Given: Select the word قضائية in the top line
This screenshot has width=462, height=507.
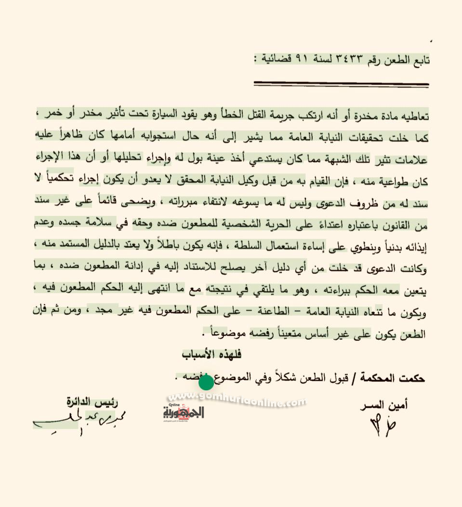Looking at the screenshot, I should [275, 60].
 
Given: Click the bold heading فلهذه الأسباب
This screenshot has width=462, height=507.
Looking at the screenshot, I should [211, 354].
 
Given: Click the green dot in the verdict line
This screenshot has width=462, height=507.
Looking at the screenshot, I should [206, 383].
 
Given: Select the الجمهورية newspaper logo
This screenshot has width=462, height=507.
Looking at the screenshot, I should [184, 413].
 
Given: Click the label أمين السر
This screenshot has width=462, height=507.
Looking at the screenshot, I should [383, 404].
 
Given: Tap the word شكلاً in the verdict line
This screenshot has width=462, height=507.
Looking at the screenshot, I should [269, 379].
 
